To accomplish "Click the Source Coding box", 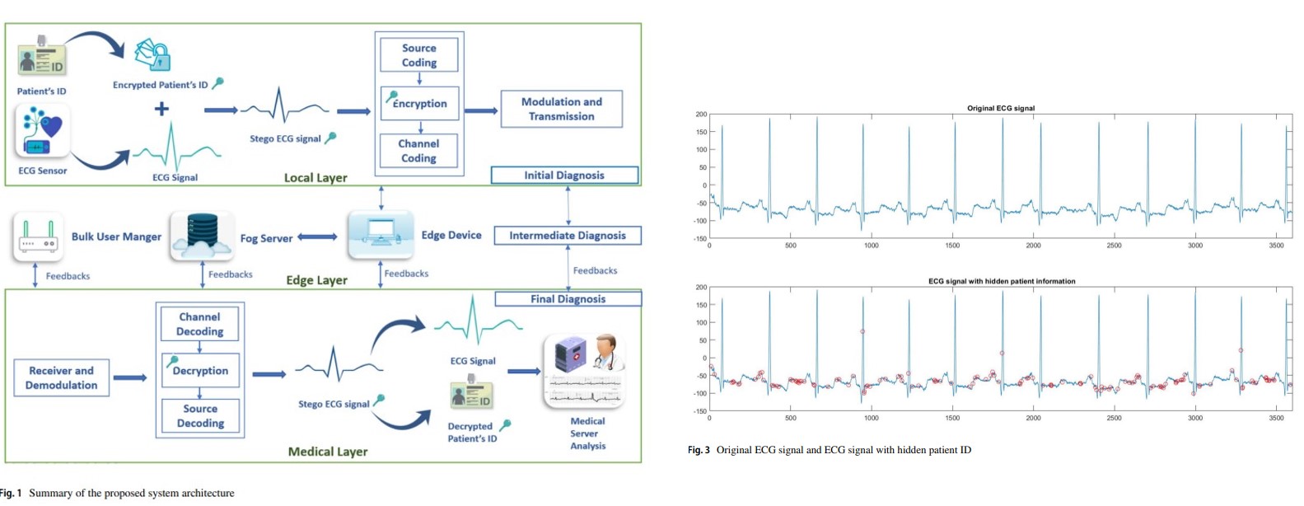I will tap(418, 55).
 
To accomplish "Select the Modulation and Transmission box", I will tap(561, 109).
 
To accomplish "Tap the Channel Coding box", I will tap(418, 151).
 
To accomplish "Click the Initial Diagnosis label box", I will tap(564, 176).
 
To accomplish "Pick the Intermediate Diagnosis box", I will tap(567, 236).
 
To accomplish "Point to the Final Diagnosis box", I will tap(568, 299).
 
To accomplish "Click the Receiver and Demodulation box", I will tap(62, 377).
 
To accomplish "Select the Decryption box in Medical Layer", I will tap(200, 370).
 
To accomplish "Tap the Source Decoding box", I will tap(200, 415).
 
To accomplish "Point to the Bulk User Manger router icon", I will tap(38, 237).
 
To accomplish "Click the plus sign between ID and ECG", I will tap(162, 109).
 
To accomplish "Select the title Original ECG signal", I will tap(1000, 108).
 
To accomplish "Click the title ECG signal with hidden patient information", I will tap(1001, 281).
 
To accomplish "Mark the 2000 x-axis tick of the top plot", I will tap(1033, 246).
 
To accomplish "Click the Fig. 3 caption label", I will tap(699, 450).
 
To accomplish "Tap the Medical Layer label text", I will tap(328, 452).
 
